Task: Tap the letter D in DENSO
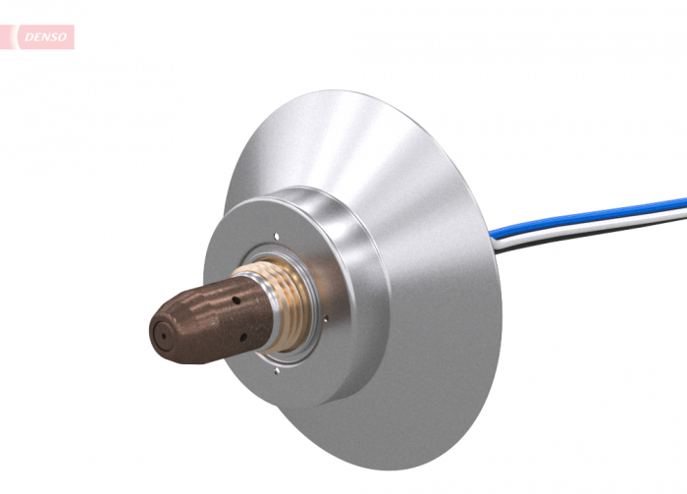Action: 22,38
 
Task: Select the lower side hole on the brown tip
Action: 242,339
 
